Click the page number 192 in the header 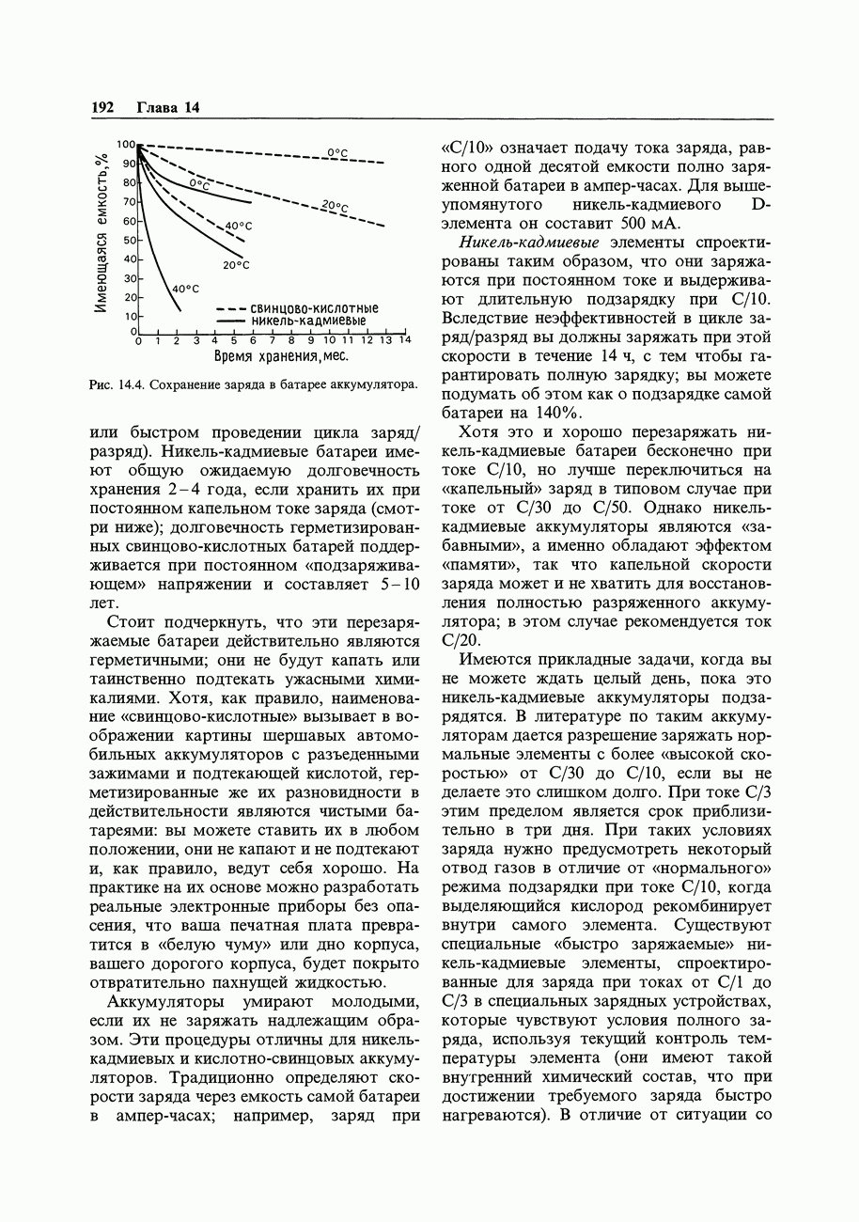(x=102, y=107)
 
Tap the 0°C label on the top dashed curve (x=336, y=152)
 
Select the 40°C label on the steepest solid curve (x=184, y=288)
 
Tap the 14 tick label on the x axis (x=404, y=340)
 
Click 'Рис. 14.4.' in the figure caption (x=114, y=384)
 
